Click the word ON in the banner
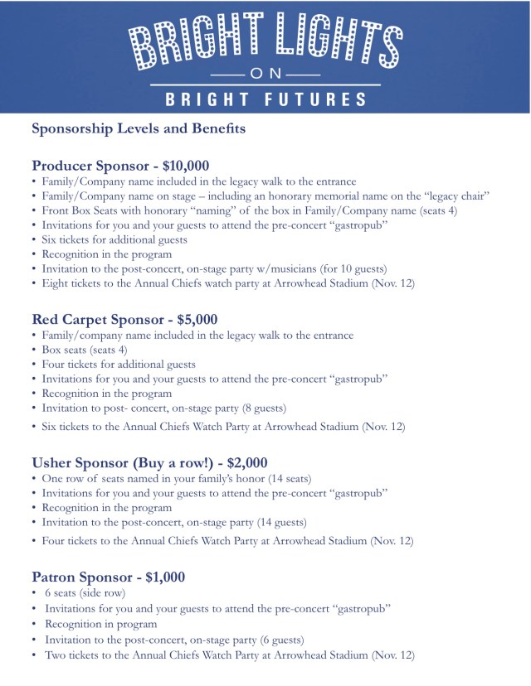coord(265,75)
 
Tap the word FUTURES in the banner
coord(314,99)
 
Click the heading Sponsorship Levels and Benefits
coord(138,129)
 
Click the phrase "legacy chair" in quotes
coord(455,196)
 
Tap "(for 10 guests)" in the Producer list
coord(336,269)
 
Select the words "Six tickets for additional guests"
coord(114,239)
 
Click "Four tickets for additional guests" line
coord(119,364)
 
